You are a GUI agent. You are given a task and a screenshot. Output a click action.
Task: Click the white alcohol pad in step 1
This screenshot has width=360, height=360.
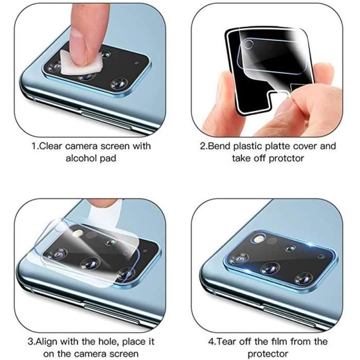pos(81,63)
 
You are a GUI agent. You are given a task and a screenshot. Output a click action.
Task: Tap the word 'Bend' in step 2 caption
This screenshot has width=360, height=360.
pos(219,146)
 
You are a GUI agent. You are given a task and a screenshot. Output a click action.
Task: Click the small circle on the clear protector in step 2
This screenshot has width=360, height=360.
pos(248,44)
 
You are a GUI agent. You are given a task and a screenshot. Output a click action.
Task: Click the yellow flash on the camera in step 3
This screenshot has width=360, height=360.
pos(77,233)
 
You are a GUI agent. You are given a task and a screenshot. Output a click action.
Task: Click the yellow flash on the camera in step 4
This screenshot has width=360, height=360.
pos(258,240)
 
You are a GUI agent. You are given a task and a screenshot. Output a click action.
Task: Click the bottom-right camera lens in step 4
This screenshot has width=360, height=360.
pos(303,279)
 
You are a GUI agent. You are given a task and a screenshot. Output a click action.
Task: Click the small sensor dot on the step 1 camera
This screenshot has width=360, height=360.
pos(137,63)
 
